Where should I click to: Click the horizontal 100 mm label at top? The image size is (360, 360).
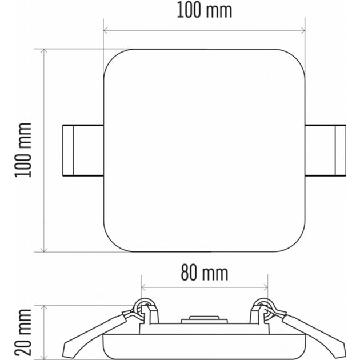[205, 11]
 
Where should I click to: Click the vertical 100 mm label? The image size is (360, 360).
[23, 150]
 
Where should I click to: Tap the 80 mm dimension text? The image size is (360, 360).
[205, 273]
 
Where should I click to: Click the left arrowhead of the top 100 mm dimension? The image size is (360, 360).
[105, 30]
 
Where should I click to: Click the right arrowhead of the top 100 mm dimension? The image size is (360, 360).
[303, 30]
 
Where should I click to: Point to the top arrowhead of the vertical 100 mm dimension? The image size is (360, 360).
[43, 51]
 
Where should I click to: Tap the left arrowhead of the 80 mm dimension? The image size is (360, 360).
[143, 287]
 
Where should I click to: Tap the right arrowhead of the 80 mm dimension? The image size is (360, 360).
[266, 287]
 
